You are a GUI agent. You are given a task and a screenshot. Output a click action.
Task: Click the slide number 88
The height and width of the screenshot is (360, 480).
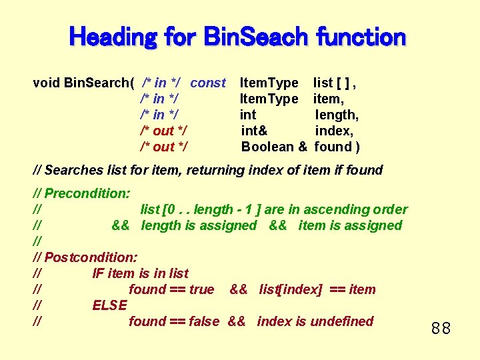point(441,328)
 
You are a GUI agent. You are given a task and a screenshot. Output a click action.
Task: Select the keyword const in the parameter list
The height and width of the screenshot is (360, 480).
point(208,83)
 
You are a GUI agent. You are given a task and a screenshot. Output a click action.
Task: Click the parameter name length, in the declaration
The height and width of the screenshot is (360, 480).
point(337,115)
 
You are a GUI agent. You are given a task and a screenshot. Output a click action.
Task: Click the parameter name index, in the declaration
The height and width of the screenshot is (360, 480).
point(334,131)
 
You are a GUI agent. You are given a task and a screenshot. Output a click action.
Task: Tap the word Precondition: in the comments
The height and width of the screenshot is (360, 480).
point(87,193)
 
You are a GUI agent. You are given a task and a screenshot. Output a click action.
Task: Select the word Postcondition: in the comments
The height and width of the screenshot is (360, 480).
point(91,257)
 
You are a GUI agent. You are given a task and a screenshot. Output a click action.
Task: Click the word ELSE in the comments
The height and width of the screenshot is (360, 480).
point(110,305)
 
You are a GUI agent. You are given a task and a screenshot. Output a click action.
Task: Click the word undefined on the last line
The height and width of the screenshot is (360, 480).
point(342,321)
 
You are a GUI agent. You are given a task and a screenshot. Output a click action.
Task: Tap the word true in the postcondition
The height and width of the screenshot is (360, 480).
point(201,289)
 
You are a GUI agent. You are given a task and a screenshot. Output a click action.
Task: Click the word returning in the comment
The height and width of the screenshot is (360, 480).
point(214,170)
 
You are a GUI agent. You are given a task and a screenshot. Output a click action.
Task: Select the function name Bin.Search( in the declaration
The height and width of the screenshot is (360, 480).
point(99,83)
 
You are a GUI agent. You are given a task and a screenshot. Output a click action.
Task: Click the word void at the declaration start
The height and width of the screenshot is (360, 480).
point(46,83)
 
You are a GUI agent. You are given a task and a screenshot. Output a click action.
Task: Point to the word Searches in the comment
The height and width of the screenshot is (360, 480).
point(71,170)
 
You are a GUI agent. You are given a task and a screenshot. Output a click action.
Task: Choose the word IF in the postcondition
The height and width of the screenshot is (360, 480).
point(98,273)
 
